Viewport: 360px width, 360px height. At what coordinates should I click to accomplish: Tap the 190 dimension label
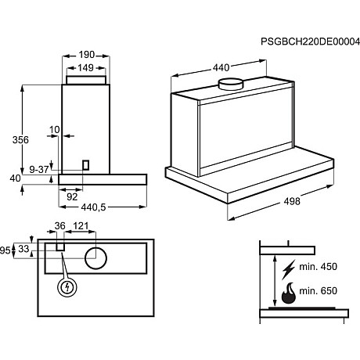pyautogui.click(x=86, y=55)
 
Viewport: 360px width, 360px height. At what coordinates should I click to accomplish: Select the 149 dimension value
pyautogui.click(x=86, y=68)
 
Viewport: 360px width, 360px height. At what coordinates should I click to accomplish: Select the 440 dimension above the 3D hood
pyautogui.click(x=221, y=68)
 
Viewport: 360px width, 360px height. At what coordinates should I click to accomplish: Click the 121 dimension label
pyautogui.click(x=80, y=227)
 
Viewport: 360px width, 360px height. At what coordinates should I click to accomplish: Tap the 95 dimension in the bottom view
pyautogui.click(x=5, y=250)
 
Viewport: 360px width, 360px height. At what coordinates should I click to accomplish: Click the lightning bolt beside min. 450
pyautogui.click(x=289, y=266)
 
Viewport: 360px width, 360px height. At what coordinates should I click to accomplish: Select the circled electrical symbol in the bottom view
pyautogui.click(x=68, y=287)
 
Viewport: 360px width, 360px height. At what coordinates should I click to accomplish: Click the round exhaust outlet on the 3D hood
pyautogui.click(x=229, y=83)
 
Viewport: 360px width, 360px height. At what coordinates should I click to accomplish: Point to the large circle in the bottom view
pyautogui.click(x=95, y=257)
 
